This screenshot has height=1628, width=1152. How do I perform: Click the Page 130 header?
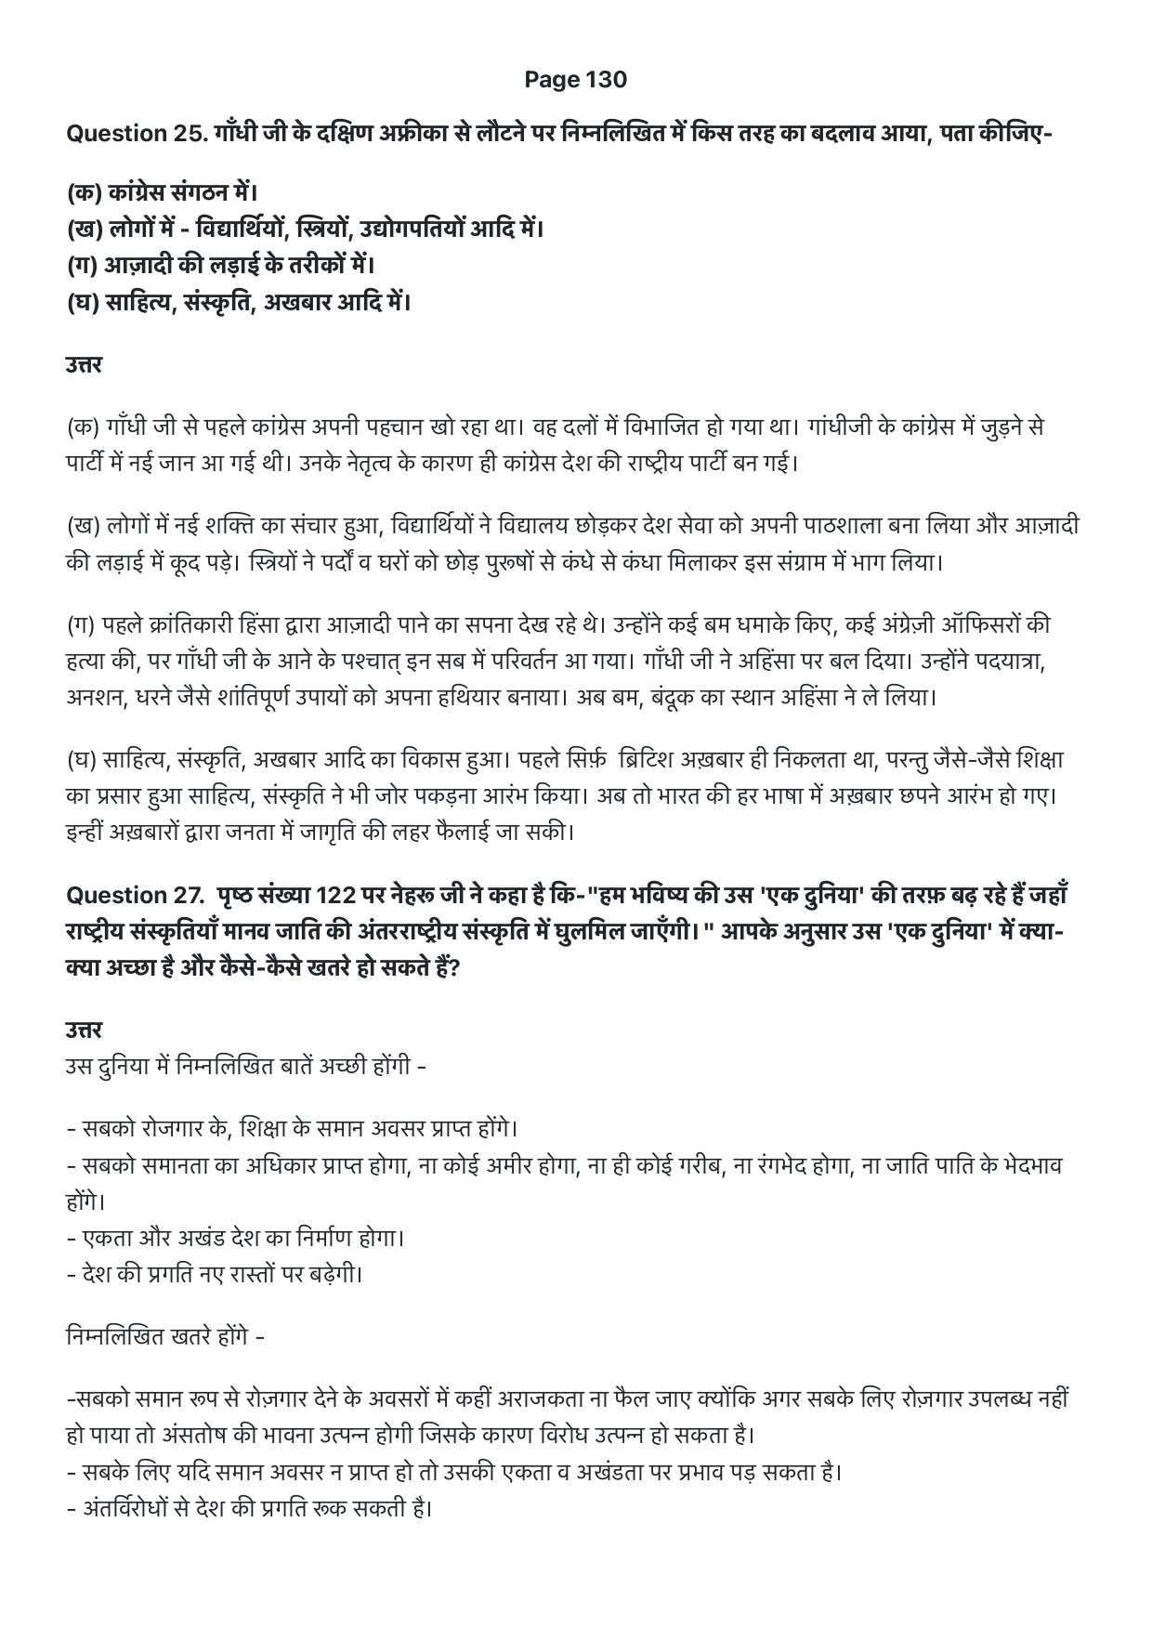(575, 80)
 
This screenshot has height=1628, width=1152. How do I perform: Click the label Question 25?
(128, 134)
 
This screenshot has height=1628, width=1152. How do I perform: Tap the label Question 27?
(128, 896)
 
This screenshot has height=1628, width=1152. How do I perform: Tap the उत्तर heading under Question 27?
(84, 1030)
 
